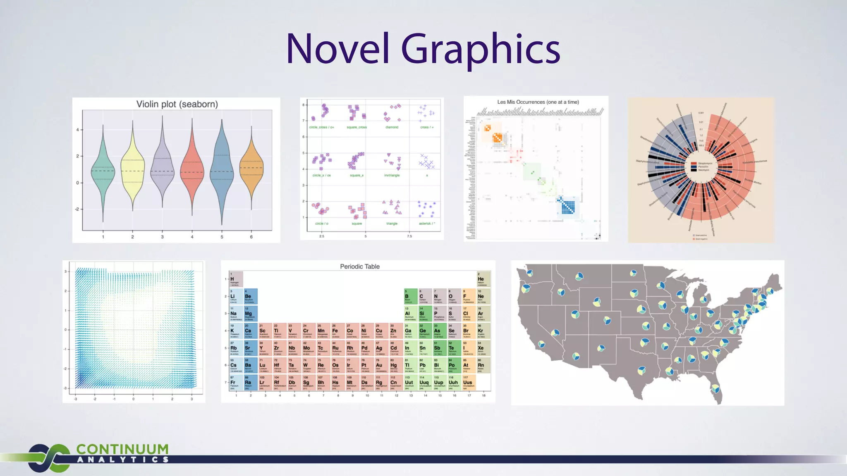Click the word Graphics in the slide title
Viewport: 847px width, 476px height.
pyautogui.click(x=481, y=50)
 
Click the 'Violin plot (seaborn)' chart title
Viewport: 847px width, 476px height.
pyautogui.click(x=177, y=104)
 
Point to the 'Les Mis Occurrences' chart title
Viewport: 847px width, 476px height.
pyautogui.click(x=538, y=102)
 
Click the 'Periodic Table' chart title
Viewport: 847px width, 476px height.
pyautogui.click(x=360, y=267)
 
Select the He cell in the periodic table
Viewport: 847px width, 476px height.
pyautogui.click(x=483, y=279)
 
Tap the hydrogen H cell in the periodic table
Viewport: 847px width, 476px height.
pyautogui.click(x=236, y=279)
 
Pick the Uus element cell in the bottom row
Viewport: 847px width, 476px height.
pyautogui.click(x=469, y=383)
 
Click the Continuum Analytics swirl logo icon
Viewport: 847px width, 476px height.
pyautogui.click(x=49, y=458)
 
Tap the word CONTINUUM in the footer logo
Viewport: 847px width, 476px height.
pyautogui.click(x=122, y=449)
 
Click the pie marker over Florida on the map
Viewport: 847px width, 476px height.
pyautogui.click(x=714, y=388)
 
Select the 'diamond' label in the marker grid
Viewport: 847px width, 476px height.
pyautogui.click(x=392, y=127)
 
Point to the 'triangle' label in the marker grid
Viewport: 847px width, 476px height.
pyautogui.click(x=392, y=224)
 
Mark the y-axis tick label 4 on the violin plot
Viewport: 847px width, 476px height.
pyautogui.click(x=77, y=130)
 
